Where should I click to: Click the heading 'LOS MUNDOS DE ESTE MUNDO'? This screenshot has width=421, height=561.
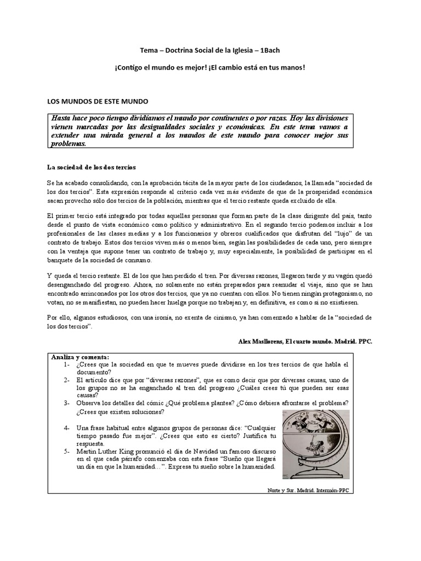click(93, 102)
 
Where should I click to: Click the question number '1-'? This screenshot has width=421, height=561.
click(66, 364)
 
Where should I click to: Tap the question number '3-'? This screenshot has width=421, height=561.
click(66, 403)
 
